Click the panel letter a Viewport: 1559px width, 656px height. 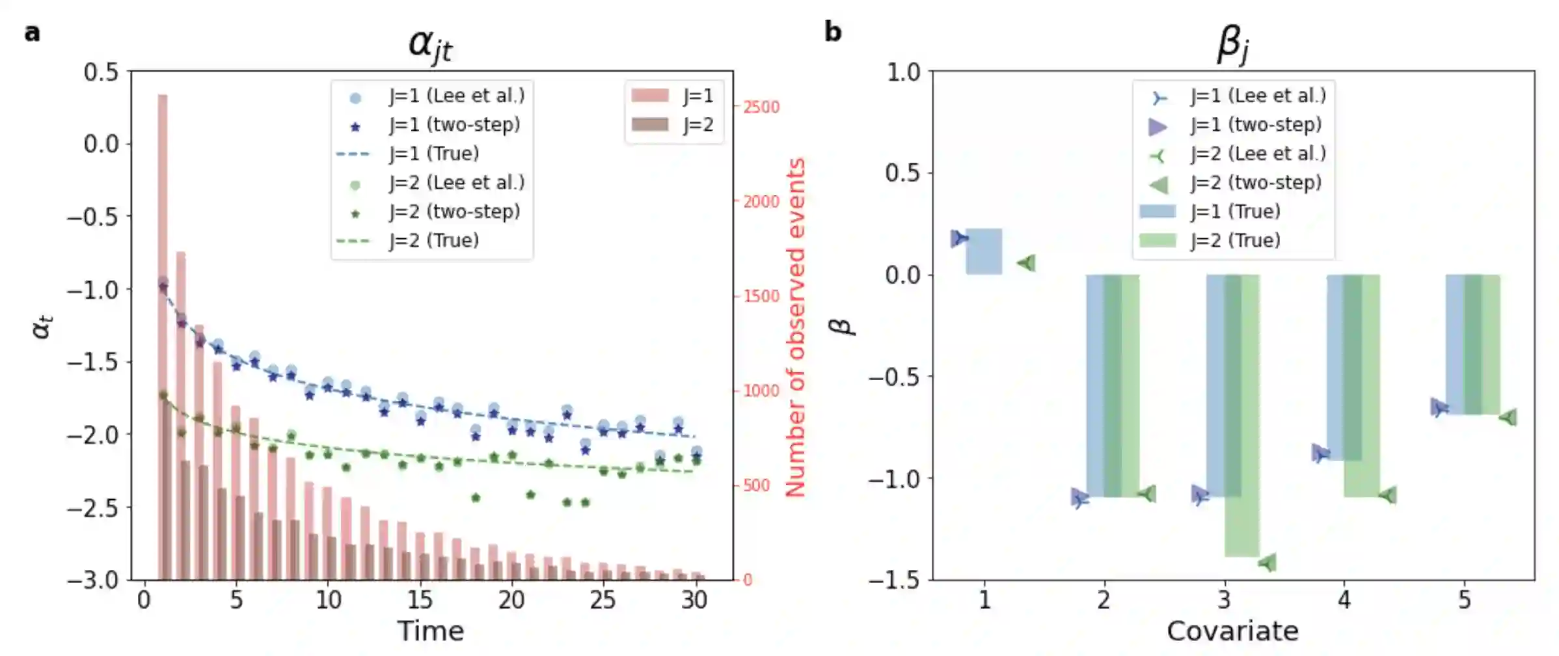pos(32,33)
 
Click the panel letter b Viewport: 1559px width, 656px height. pos(833,32)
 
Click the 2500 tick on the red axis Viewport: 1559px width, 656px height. pos(761,107)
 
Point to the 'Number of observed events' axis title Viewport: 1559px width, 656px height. pos(795,327)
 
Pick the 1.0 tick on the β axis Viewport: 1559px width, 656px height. pos(904,72)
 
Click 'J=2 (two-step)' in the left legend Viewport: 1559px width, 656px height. pos(454,212)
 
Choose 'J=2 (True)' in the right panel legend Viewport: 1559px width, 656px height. pos(1235,241)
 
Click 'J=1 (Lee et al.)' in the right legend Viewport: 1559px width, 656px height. pos(1257,96)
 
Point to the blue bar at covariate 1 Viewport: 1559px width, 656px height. pos(984,251)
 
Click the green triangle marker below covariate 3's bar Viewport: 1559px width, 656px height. pos(1268,563)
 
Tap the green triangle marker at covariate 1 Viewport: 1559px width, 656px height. pos(1027,263)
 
